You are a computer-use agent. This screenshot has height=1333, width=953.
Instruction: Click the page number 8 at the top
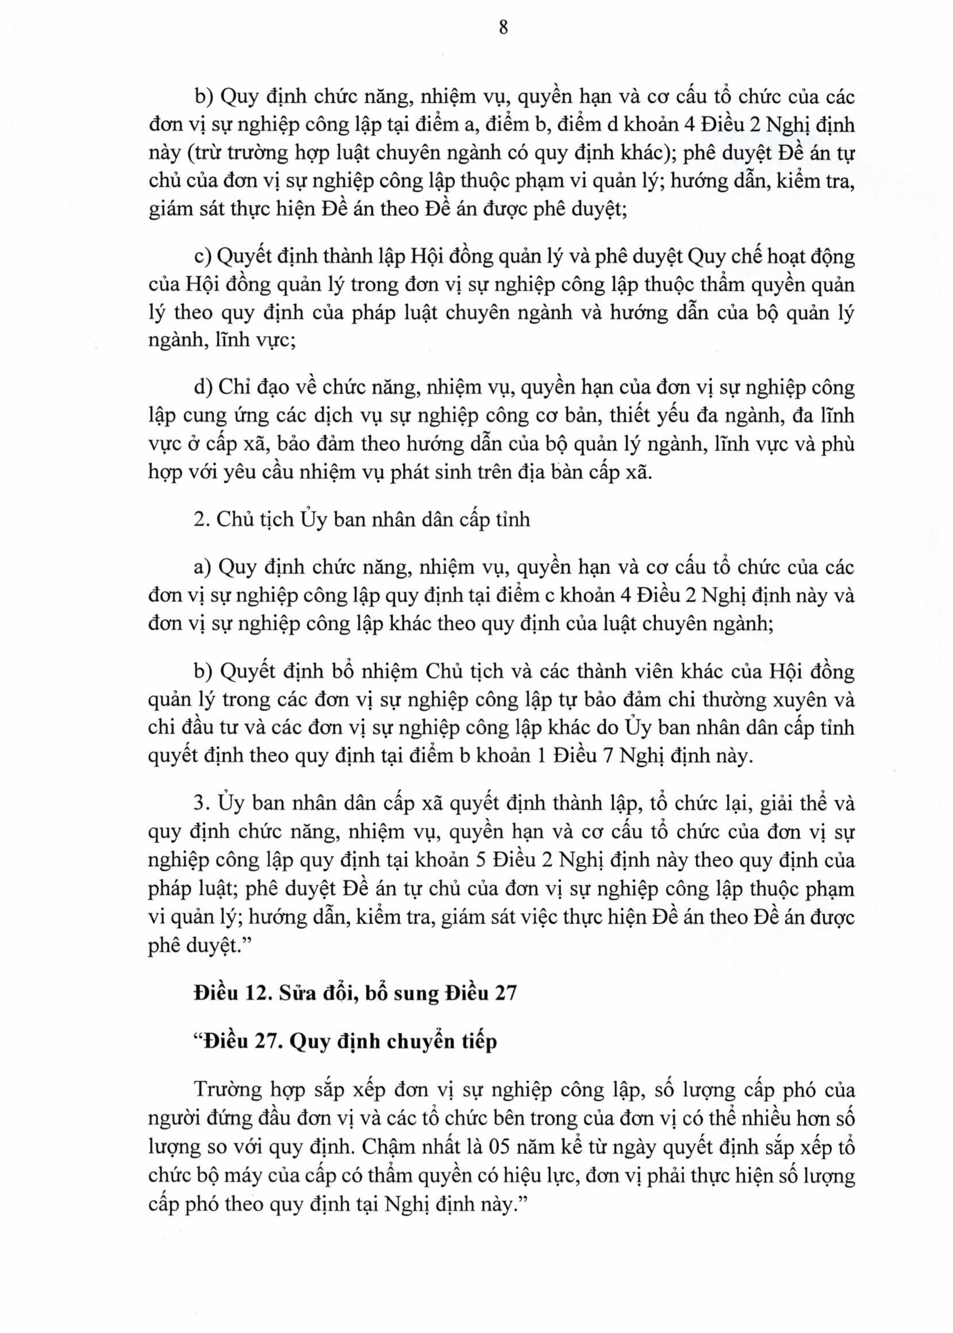[503, 28]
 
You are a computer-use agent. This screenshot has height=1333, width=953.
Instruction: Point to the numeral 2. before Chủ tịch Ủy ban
[200, 520]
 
